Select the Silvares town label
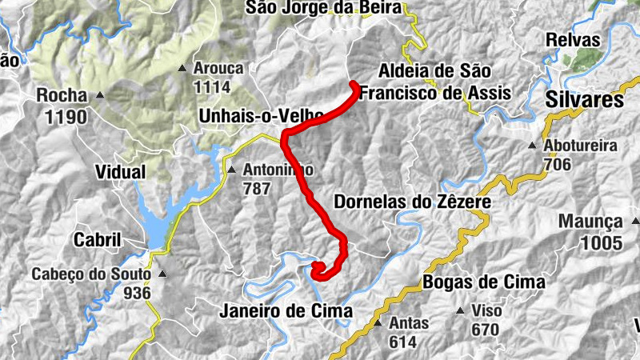pyautogui.click(x=585, y=100)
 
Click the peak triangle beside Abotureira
pyautogui.click(x=532, y=146)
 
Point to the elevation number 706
pyautogui.click(x=557, y=165)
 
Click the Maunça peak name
pyautogui.click(x=590, y=221)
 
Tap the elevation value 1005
pyautogui.click(x=590, y=241)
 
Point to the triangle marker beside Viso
pyautogui.click(x=459, y=310)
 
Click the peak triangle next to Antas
pyautogui.click(x=378, y=323)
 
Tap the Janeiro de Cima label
pyautogui.click(x=285, y=311)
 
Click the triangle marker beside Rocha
pyautogui.click(x=100, y=96)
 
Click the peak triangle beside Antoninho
pyautogui.click(x=231, y=170)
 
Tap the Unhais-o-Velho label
pyautogui.click(x=260, y=117)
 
